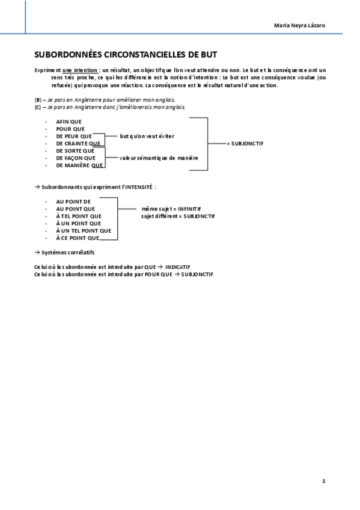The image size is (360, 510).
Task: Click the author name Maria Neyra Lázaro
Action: pos(300,25)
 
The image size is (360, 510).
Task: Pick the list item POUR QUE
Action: pos(70,129)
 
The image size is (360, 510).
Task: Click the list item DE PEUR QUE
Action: pos(74,136)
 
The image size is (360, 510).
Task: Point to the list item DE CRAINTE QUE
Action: pos(78,144)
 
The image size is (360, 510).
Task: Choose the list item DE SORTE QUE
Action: pos(75,151)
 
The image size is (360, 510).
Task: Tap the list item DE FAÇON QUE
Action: pos(76,158)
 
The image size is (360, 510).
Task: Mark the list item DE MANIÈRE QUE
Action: pos(79,165)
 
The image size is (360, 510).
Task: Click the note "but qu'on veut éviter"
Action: pos(147,136)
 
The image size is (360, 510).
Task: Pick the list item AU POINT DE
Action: pos(73,201)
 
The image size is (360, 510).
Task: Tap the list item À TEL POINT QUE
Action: pos(79,216)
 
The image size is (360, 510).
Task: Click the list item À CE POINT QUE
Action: pos(82,238)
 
